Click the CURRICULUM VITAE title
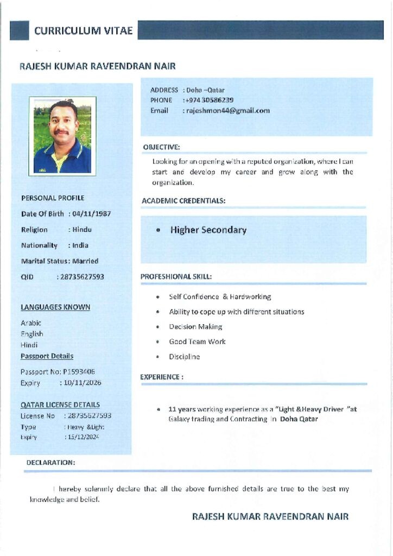pyautogui.click(x=83, y=31)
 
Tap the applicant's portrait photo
pyautogui.click(x=62, y=136)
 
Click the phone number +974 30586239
pyautogui.click(x=210, y=100)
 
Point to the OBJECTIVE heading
pyautogui.click(x=161, y=147)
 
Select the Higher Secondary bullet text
pyautogui.click(x=208, y=230)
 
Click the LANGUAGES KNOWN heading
pyautogui.click(x=55, y=307)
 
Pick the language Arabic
pyautogui.click(x=31, y=323)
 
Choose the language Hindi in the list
pyautogui.click(x=29, y=345)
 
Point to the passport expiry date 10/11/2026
pyautogui.click(x=82, y=383)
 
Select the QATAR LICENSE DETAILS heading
pyautogui.click(x=60, y=405)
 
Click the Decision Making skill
pyautogui.click(x=195, y=327)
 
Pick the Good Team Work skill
pyautogui.click(x=197, y=342)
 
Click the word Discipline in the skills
pyautogui.click(x=184, y=357)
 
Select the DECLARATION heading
pyautogui.click(x=51, y=463)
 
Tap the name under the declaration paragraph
pyautogui.click(x=270, y=516)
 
